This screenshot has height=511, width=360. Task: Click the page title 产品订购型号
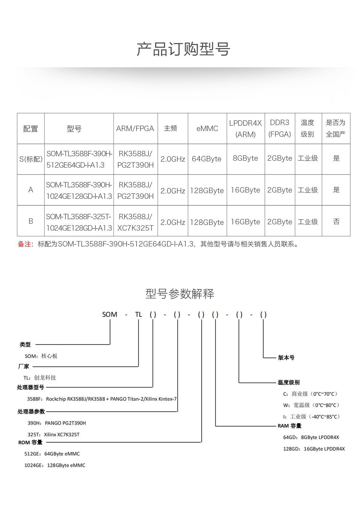coord(183,49)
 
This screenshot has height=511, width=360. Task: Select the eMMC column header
coord(207,129)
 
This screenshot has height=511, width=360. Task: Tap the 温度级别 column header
coord(307,129)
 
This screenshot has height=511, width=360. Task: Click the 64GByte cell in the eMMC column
coord(207,159)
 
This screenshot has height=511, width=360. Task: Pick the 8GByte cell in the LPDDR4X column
coord(245,158)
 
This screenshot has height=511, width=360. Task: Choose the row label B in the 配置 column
coord(31,221)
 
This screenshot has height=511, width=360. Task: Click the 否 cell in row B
coord(336,222)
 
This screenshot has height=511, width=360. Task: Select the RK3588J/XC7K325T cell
coord(136,222)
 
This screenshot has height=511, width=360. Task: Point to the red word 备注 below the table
coord(25,244)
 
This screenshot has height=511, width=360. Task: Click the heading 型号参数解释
coord(180,294)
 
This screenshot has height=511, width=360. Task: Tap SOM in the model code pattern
coord(109,315)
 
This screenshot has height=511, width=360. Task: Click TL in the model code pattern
coord(138,315)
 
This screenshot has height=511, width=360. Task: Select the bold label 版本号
coord(286,358)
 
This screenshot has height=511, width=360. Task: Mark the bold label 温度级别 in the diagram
coord(289,382)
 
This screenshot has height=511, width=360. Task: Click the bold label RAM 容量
coord(289,426)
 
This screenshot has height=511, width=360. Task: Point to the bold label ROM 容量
coord(30,443)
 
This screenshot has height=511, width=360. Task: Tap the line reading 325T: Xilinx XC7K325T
coord(53,435)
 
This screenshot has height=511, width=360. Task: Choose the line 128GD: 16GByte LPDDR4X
coord(314,449)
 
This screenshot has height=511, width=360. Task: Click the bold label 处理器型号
coord(30,387)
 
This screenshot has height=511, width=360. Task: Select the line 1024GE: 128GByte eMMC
coord(55,465)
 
